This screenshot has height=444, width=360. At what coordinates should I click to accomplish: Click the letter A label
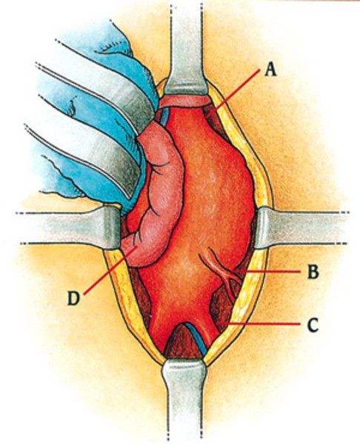[270, 69]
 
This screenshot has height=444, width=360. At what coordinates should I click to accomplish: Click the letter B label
[313, 272]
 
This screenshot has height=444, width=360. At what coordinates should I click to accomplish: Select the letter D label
[73, 298]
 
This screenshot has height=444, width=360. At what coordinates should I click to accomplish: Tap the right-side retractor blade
[301, 227]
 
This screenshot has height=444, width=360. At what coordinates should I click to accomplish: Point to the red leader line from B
[266, 272]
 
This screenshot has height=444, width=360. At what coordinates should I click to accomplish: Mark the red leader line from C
[259, 323]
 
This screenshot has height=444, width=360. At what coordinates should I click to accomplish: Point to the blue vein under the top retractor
[164, 116]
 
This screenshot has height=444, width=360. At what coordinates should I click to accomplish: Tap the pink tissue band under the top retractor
[184, 101]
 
